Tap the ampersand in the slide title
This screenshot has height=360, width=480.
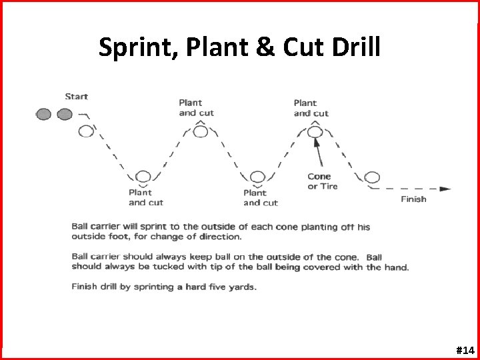(x=259, y=47)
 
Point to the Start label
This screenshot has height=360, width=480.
(x=76, y=97)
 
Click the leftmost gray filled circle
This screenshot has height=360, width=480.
(x=44, y=114)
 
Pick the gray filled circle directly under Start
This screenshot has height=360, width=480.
(x=65, y=114)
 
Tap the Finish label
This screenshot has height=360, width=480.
(x=413, y=199)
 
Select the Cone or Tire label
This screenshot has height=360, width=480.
(x=323, y=181)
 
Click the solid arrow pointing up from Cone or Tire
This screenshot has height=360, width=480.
(x=320, y=155)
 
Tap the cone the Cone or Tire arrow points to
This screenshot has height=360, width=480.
(x=315, y=132)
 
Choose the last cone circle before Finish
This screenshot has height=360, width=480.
(x=372, y=177)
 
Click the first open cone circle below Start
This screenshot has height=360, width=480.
(x=86, y=131)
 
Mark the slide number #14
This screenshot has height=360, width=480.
(x=464, y=349)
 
